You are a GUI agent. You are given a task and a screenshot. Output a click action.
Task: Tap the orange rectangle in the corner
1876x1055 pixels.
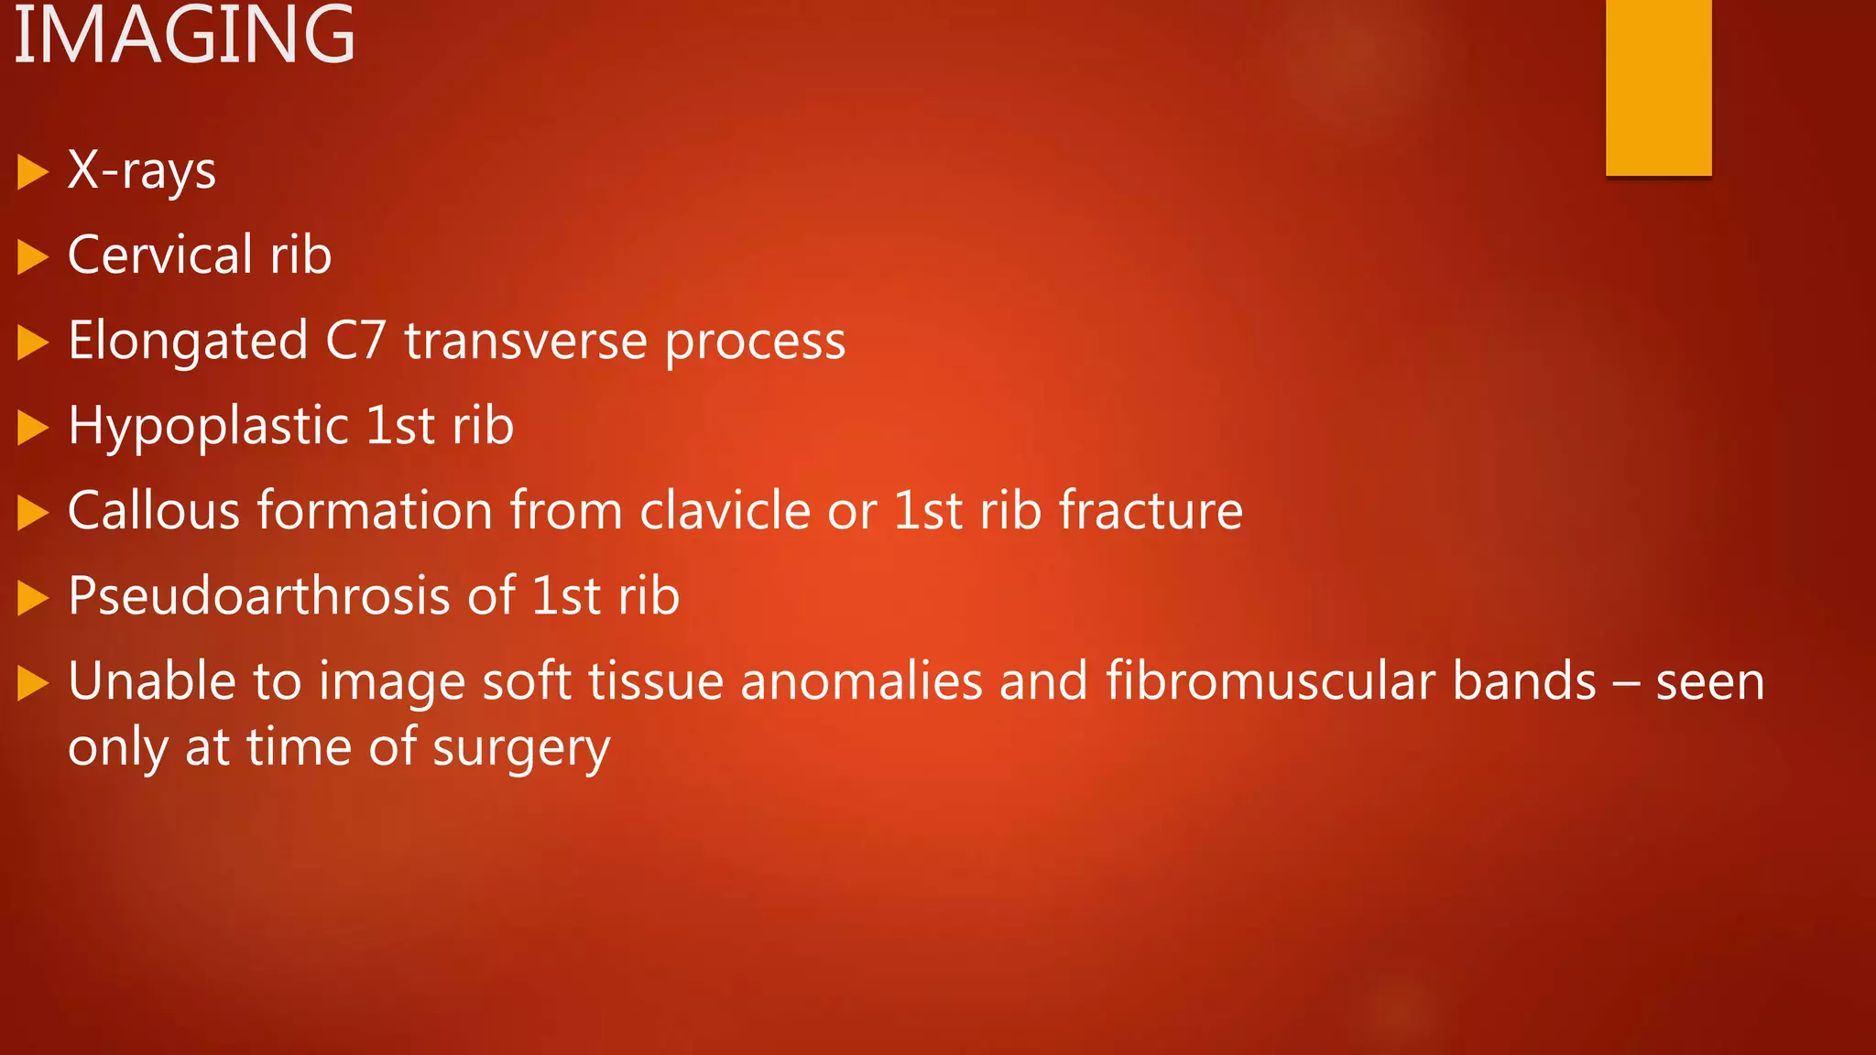(x=1658, y=87)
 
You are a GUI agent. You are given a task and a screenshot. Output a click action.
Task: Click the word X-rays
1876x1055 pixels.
(x=142, y=170)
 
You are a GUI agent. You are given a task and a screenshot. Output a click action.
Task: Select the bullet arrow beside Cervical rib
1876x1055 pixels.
(x=32, y=257)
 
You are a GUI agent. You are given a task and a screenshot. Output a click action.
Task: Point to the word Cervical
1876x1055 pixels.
(x=160, y=255)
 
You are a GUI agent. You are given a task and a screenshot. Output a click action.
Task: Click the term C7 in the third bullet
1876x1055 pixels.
(x=355, y=341)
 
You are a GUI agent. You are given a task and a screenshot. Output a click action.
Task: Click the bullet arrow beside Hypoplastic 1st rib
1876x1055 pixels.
(x=32, y=428)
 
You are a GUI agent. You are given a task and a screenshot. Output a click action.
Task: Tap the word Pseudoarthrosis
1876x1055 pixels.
(x=259, y=596)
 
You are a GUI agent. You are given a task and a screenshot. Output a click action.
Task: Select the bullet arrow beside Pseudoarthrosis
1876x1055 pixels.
(x=32, y=598)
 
